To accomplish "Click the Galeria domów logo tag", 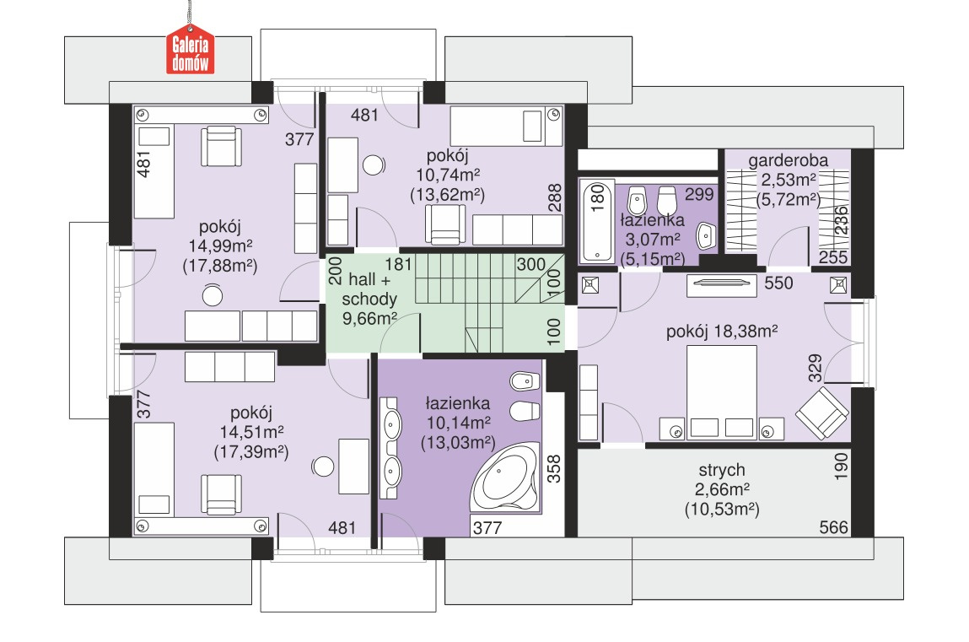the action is pyautogui.click(x=190, y=50).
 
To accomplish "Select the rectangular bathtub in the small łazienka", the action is pyautogui.click(x=596, y=220).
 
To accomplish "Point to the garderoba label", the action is pyautogui.click(x=788, y=160).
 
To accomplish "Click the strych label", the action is pyautogui.click(x=722, y=470).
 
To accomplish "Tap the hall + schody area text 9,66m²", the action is pyautogui.click(x=369, y=319).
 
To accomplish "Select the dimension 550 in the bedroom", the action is pyautogui.click(x=778, y=283).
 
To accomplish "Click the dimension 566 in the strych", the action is pyautogui.click(x=834, y=527).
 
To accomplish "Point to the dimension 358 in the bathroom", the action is pyautogui.click(x=554, y=468).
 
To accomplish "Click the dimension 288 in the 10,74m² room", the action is pyautogui.click(x=555, y=197).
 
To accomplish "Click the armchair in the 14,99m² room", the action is pyautogui.click(x=221, y=146).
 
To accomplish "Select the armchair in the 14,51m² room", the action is pyautogui.click(x=221, y=494).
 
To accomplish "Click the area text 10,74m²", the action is pyautogui.click(x=448, y=175).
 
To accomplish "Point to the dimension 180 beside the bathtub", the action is pyautogui.click(x=598, y=199).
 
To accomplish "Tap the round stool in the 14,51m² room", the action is pyautogui.click(x=323, y=467).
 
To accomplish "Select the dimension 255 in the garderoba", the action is pyautogui.click(x=833, y=257).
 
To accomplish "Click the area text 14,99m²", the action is pyautogui.click(x=220, y=246).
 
